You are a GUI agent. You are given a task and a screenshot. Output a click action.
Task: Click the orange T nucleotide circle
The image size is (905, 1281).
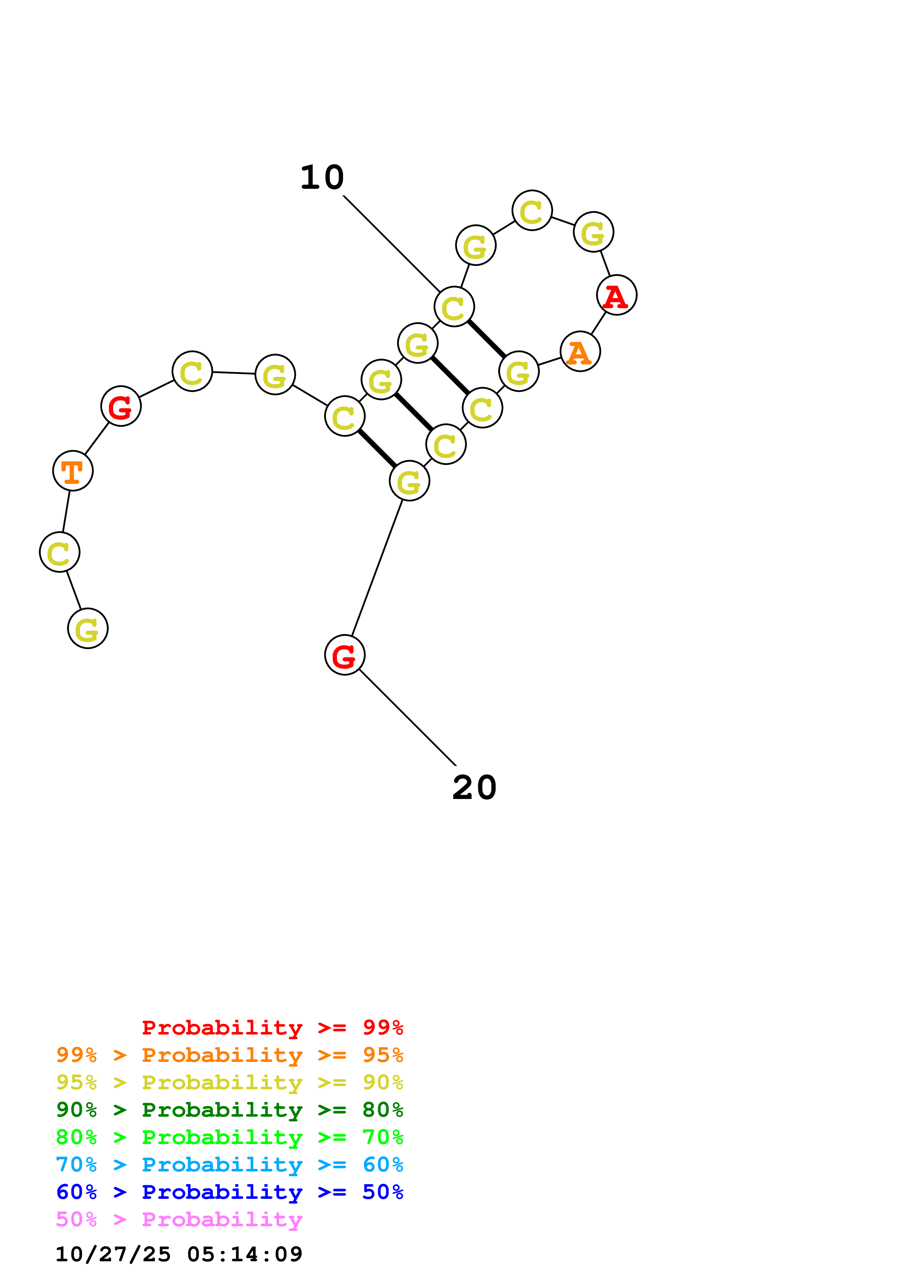(x=73, y=471)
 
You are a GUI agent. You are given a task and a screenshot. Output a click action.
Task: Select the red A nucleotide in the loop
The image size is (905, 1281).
(x=616, y=295)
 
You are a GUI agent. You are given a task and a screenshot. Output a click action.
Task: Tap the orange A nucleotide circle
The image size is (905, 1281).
(x=580, y=352)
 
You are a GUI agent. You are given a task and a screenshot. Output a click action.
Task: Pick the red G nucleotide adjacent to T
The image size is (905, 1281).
(x=120, y=406)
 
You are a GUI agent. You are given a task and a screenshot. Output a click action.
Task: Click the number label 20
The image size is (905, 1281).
(x=474, y=788)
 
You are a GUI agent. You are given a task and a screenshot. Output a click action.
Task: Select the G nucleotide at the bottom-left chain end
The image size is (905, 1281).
(x=88, y=628)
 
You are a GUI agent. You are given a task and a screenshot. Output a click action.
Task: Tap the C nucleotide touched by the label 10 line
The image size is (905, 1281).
(x=454, y=306)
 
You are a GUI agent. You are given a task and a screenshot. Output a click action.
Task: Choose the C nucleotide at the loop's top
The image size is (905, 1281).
(x=532, y=210)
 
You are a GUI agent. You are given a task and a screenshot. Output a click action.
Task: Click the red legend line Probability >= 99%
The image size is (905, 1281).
(x=272, y=1028)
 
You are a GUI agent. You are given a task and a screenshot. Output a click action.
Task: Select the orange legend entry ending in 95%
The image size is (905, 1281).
(x=229, y=1055)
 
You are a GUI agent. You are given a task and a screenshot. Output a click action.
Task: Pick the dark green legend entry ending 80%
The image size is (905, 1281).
(x=229, y=1110)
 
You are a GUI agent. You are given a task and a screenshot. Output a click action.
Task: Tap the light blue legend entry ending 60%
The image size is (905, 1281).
(x=229, y=1165)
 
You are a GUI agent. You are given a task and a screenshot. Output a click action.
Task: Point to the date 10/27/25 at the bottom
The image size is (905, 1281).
(x=113, y=1254)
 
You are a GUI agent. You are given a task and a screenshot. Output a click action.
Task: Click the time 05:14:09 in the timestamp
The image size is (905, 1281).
(x=245, y=1254)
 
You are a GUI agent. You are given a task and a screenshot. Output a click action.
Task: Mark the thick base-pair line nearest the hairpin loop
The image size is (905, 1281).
(x=486, y=339)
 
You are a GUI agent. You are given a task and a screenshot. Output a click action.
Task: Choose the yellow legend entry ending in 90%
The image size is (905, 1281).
(x=229, y=1082)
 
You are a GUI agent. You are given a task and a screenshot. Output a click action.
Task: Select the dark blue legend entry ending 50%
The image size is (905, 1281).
(x=229, y=1192)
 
